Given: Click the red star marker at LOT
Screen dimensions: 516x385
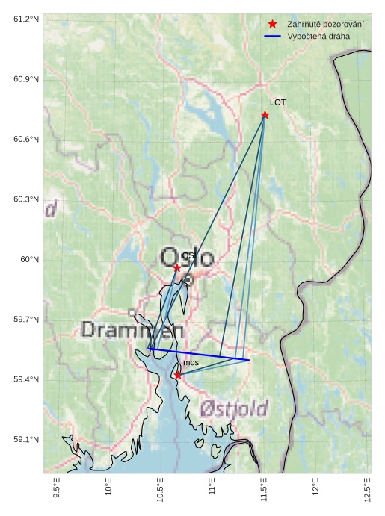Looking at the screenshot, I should [x=265, y=114].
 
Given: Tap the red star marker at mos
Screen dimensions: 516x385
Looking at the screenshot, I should [x=177, y=375].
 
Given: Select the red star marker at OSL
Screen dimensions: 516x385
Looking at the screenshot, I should [x=177, y=267].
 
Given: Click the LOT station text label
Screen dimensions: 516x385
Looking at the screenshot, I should [x=277, y=102].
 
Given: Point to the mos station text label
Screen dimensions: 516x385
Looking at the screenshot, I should [x=191, y=363].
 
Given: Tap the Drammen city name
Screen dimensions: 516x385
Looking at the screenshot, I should [x=132, y=329].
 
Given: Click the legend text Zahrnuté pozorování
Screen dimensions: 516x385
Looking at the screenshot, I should [x=325, y=25].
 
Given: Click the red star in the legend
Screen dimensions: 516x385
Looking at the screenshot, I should [x=272, y=25].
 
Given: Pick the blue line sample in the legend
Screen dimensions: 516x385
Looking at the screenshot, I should [x=272, y=36].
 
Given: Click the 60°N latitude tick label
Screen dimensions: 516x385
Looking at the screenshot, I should [x=29, y=259].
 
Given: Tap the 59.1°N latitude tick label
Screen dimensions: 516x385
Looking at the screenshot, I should [x=25, y=439].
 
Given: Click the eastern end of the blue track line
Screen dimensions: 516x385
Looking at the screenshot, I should [x=249, y=360].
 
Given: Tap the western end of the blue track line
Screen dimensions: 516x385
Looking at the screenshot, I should [x=148, y=348].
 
